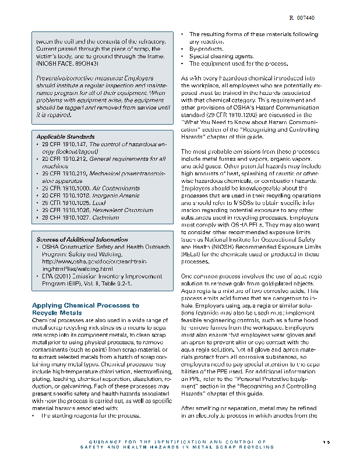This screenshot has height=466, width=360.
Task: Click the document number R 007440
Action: pyautogui.click(x=302, y=19)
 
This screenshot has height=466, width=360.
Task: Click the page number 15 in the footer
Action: pyautogui.click(x=326, y=442)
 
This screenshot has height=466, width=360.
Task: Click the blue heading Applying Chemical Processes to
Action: pyautogui.click(x=85, y=305)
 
